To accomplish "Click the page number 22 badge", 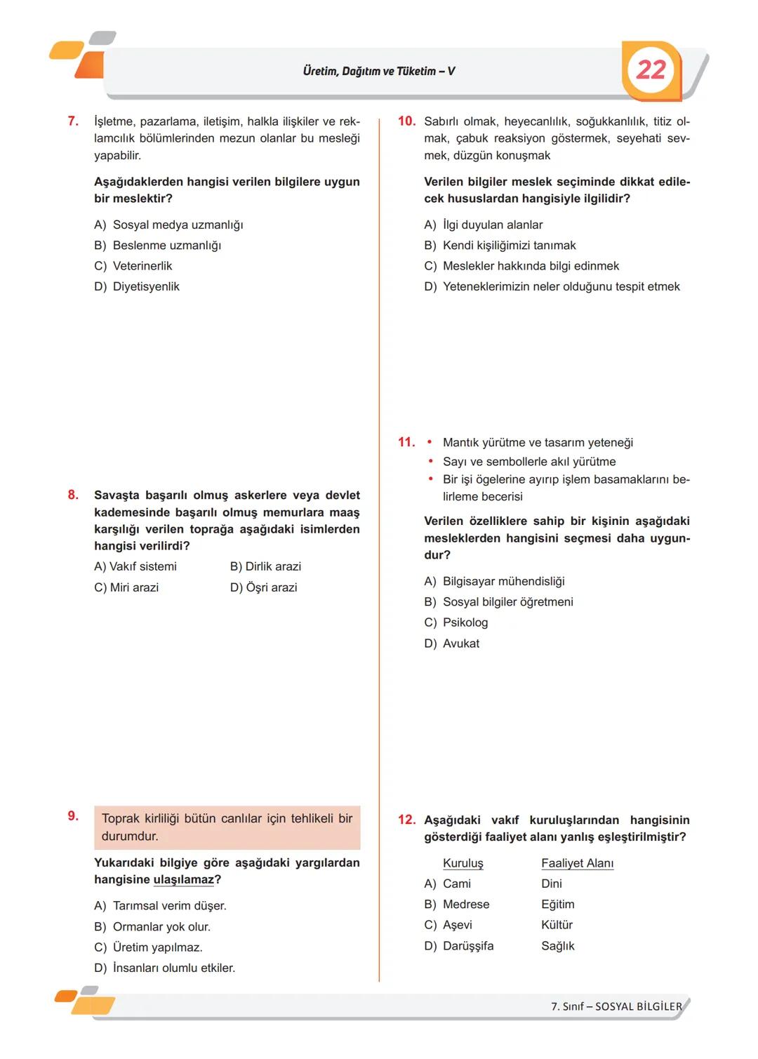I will [651, 69].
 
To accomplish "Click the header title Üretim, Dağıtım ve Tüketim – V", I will [378, 71].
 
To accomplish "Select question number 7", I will [73, 121].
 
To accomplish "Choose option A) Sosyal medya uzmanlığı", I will [168, 225].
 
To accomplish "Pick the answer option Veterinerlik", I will [142, 266].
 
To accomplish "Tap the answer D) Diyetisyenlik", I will [137, 286].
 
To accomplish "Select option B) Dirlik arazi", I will [265, 566].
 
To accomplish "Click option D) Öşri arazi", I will [263, 587].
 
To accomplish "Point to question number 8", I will [73, 495].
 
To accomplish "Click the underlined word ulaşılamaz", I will [183, 880].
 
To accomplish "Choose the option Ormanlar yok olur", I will [161, 926].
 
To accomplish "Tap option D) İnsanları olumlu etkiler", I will [165, 968].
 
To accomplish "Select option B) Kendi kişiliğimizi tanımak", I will [500, 245].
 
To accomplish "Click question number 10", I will [406, 121].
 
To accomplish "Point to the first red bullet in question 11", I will [430, 443].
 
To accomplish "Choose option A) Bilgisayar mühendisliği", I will [494, 581].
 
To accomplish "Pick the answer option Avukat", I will [460, 643].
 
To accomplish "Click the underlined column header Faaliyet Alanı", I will [577, 863].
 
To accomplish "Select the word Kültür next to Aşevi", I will [557, 925].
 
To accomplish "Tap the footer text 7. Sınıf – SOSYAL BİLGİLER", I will [616, 1006].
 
